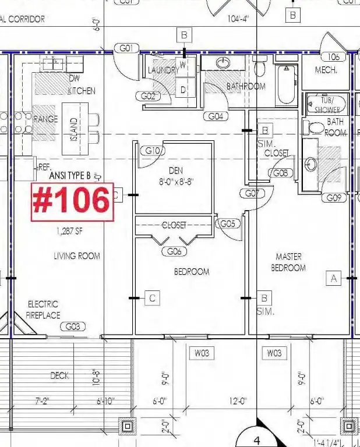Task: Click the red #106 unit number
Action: [x=72, y=201]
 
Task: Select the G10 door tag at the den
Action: [x=152, y=151]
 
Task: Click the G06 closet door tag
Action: [x=174, y=251]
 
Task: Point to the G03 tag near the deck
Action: [x=73, y=327]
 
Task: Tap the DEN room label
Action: [x=176, y=171]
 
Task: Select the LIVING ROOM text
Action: [x=76, y=256]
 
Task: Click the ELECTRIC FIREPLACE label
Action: [x=43, y=310]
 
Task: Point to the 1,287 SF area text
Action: [x=69, y=231]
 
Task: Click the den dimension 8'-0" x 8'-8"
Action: [x=176, y=181]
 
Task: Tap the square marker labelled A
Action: [x=334, y=279]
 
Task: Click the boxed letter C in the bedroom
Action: [x=152, y=298]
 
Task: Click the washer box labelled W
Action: [x=183, y=65]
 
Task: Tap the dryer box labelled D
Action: [x=183, y=90]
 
